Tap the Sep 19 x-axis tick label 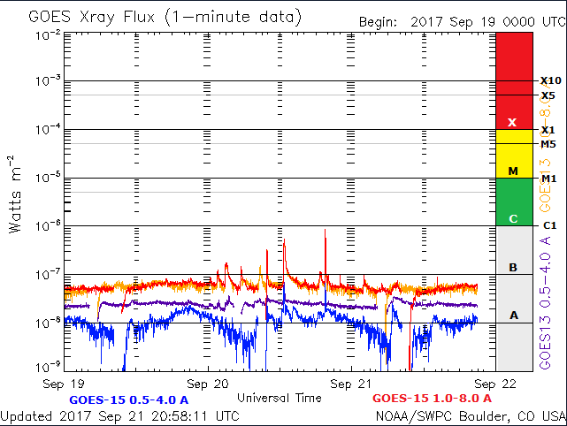66,384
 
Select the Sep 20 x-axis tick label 209,384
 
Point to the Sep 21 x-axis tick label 351,384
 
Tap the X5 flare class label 548,95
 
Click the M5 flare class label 548,144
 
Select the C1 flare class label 548,226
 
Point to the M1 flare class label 548,179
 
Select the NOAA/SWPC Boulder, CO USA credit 470,415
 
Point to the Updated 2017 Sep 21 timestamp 119,415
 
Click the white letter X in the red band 512,122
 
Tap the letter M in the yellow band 512,170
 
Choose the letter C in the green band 512,218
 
